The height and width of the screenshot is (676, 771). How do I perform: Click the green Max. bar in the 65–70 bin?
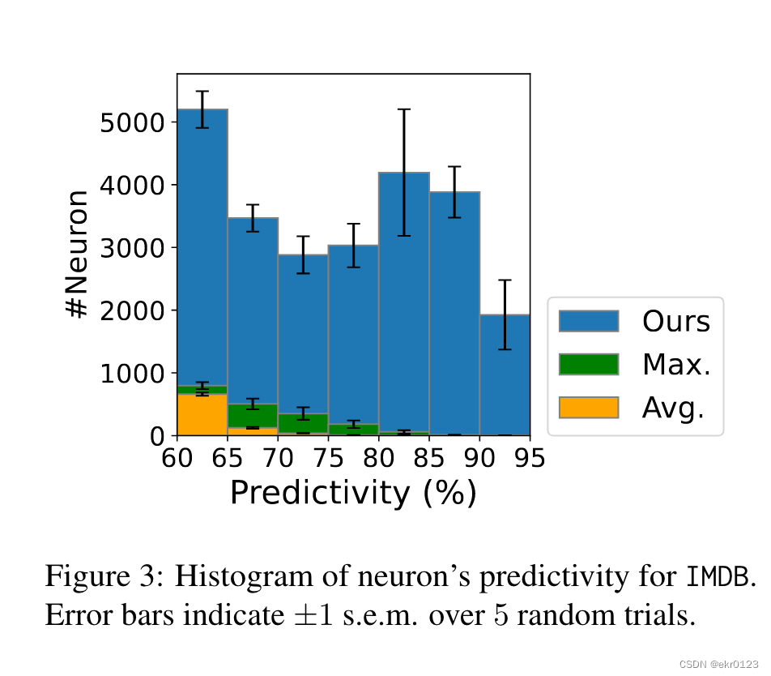click(x=252, y=415)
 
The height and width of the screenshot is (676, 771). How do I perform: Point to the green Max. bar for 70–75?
click(x=302, y=422)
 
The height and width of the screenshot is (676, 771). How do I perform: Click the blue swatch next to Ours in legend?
click(x=588, y=321)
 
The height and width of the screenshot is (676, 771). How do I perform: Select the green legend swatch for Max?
click(x=588, y=365)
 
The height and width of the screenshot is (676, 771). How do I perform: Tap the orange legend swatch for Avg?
click(x=588, y=408)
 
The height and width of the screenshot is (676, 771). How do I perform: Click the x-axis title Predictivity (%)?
click(x=353, y=493)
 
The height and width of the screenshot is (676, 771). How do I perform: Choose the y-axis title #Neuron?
click(x=78, y=255)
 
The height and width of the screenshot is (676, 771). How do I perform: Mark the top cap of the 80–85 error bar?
click(x=403, y=109)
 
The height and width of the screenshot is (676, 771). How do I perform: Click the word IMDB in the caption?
click(x=720, y=578)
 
